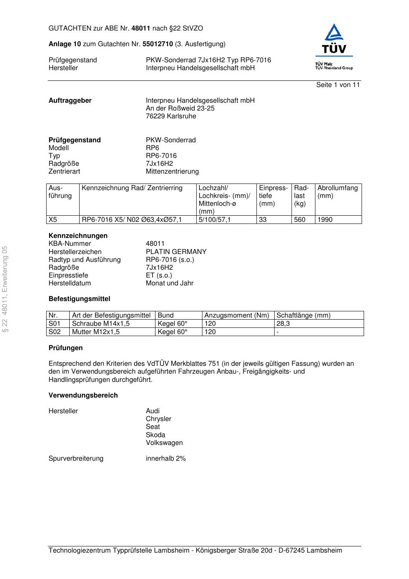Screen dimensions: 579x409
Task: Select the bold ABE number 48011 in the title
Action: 141,28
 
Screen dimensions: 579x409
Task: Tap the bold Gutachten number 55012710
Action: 157,44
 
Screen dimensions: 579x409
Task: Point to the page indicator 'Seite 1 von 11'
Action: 338,85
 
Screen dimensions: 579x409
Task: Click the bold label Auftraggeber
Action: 70,101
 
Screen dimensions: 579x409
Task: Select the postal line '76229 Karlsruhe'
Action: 171,116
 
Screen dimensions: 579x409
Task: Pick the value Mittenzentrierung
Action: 172,172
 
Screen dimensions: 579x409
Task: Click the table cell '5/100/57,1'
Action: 214,220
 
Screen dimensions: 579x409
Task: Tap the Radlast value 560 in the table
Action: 300,220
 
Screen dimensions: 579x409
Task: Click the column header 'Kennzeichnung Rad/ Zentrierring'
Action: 132,188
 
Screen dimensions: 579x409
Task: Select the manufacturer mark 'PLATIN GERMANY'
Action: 176,252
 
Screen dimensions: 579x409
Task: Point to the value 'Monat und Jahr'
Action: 169,283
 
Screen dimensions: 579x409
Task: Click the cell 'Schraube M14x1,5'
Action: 101,324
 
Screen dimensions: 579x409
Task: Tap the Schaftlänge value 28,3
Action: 283,324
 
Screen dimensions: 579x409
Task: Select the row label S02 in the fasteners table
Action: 54,332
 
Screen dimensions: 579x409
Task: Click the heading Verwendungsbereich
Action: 83,395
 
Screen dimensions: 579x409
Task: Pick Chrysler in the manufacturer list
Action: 158,419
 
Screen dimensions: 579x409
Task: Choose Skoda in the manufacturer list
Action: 155,435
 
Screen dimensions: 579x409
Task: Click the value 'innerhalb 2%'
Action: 166,459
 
